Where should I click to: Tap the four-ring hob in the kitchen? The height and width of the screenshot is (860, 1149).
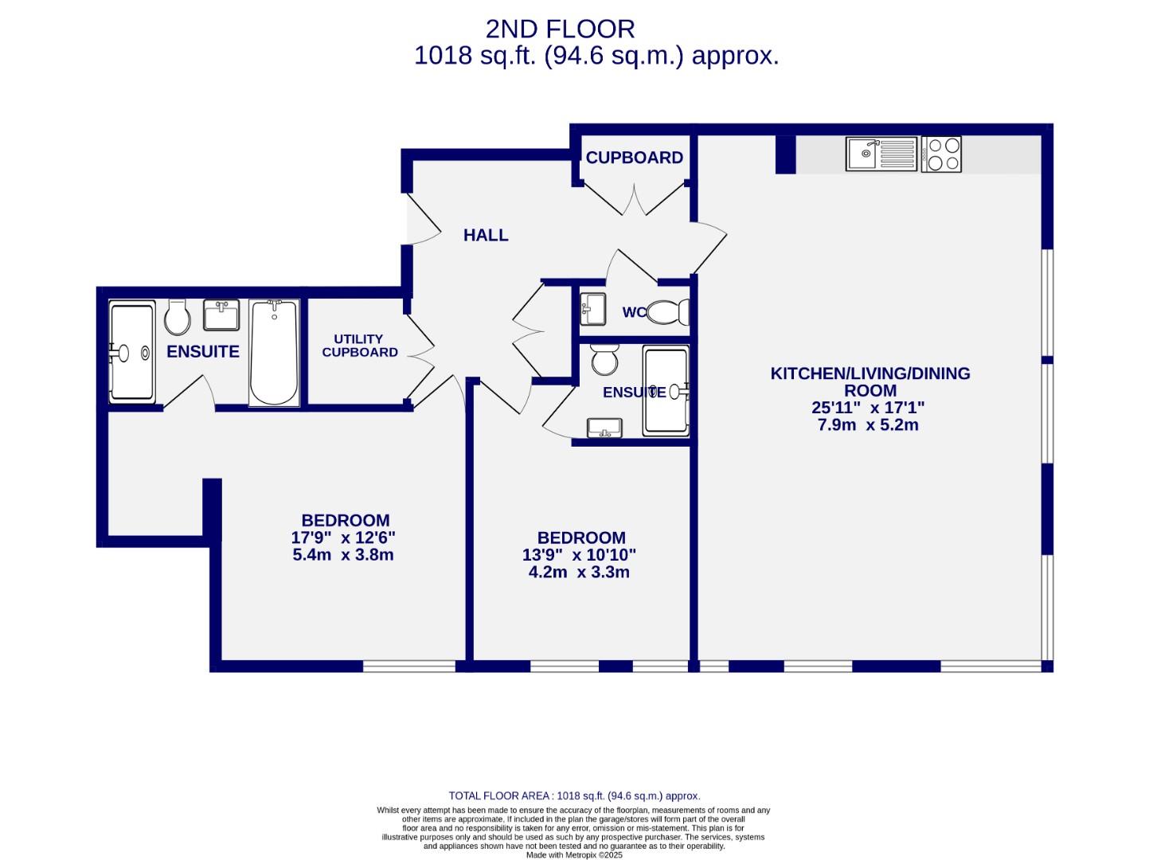(x=942, y=154)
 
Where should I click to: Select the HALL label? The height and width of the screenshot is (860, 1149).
(x=486, y=235)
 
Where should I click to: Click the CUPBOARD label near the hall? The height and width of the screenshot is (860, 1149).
(x=634, y=158)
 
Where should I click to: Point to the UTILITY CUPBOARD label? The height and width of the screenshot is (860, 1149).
(x=360, y=346)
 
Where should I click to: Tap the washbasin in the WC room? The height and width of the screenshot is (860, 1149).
(x=592, y=308)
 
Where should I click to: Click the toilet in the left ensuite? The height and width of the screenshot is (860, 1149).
(x=177, y=317)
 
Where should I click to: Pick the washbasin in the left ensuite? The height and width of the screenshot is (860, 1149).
(x=221, y=315)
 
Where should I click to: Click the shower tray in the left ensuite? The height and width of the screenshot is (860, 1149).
(x=131, y=352)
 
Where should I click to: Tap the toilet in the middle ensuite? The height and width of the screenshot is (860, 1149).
(x=604, y=360)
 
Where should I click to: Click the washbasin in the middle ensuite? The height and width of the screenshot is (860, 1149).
(x=604, y=428)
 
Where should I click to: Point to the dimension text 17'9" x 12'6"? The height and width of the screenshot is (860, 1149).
(x=342, y=537)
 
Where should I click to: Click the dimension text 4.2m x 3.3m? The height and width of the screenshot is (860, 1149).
(x=579, y=572)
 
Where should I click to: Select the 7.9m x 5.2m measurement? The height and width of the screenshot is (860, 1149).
(x=868, y=424)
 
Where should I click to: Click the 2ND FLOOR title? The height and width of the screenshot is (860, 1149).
(x=560, y=29)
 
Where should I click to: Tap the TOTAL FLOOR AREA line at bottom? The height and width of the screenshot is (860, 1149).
(x=574, y=795)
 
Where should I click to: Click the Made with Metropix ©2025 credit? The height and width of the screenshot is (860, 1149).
(x=574, y=854)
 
